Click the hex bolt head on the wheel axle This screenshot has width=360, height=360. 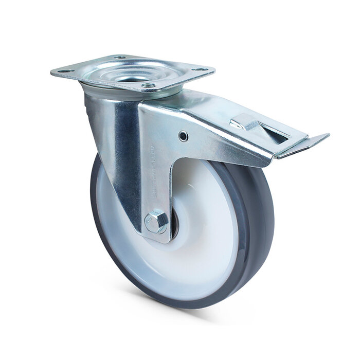click(x=156, y=222)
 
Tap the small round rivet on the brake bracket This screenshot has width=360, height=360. click(x=182, y=135)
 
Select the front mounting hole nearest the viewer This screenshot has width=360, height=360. click(x=148, y=85)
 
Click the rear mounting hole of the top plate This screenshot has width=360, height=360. click(x=120, y=58)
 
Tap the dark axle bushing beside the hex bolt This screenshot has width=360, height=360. click(x=173, y=226)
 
